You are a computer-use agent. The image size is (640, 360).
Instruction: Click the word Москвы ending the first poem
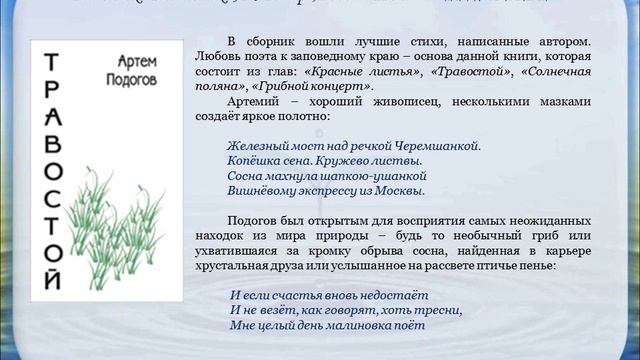(x=402, y=190)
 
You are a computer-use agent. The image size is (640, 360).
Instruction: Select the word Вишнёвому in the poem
(x=262, y=190)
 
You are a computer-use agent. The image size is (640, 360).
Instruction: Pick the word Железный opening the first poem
(x=258, y=145)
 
